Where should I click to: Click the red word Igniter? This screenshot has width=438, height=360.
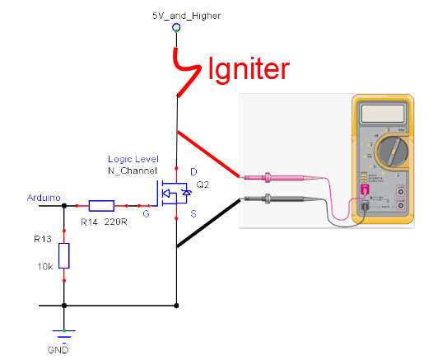tap(249, 69)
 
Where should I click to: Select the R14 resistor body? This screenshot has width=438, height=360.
tap(101, 206)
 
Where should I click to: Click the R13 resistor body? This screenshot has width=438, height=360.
tap(64, 255)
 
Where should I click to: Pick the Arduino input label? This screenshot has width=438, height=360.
tap(42, 196)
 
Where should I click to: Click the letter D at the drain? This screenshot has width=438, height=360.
tap(193, 171)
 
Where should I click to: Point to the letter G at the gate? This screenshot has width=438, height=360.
tap(146, 214)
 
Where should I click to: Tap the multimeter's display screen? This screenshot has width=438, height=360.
tap(385, 112)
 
